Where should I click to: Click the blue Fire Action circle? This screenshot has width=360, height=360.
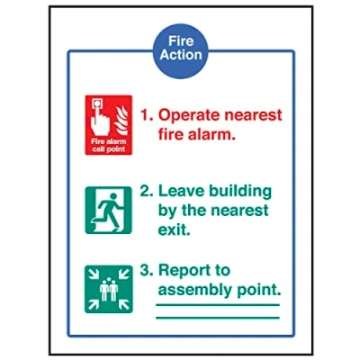pyautogui.click(x=181, y=51)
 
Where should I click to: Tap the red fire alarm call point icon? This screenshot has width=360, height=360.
pyautogui.click(x=109, y=125)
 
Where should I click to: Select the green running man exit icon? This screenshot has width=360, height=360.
pyautogui.click(x=109, y=210)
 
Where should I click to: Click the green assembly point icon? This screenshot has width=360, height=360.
pyautogui.click(x=109, y=289)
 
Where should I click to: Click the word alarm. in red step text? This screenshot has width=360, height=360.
pyautogui.click(x=211, y=134)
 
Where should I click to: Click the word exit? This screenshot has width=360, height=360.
pyautogui.click(x=174, y=229)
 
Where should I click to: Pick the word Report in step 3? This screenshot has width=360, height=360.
pyautogui.click(x=185, y=271)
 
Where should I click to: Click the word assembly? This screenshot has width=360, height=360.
pyautogui.click(x=195, y=291)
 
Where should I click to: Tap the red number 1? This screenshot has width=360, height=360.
pyautogui.click(x=147, y=115)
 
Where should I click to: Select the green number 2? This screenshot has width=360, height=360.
pyautogui.click(x=147, y=191)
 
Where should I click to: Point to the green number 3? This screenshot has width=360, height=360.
pyautogui.click(x=147, y=270)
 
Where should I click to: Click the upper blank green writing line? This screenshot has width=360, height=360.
pyautogui.click(x=218, y=305)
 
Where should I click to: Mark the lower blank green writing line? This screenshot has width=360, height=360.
pyautogui.click(x=218, y=318)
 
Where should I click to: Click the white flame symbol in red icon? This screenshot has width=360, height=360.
pyautogui.click(x=122, y=120)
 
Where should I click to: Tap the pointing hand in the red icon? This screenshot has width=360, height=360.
pyautogui.click(x=100, y=120)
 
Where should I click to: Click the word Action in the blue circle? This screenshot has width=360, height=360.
pyautogui.click(x=181, y=55)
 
